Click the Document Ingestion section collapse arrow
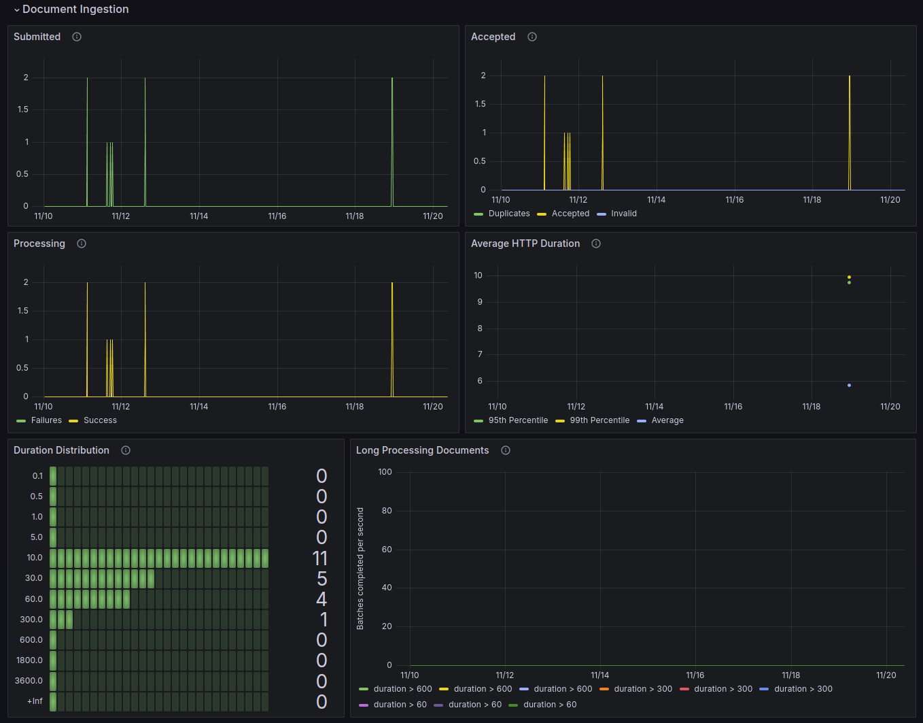coord(17,10)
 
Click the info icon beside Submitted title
coord(77,37)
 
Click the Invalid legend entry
coord(623,214)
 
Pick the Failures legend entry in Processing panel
coord(46,420)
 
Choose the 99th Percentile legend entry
coord(599,420)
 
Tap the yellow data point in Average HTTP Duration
coord(849,277)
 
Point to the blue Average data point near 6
coord(849,386)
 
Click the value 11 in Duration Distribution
coord(320,558)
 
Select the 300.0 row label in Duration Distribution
coord(31,620)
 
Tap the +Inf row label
coord(35,701)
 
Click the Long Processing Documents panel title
coord(422,450)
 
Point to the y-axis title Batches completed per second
coord(360,568)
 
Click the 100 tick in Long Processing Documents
coord(385,472)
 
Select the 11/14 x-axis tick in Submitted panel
coord(199,216)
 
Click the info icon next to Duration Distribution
coord(126,450)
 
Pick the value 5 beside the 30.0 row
coord(321,579)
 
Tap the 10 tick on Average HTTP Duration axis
coord(478,275)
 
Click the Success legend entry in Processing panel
coord(100,420)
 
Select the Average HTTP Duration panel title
coord(525,243)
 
